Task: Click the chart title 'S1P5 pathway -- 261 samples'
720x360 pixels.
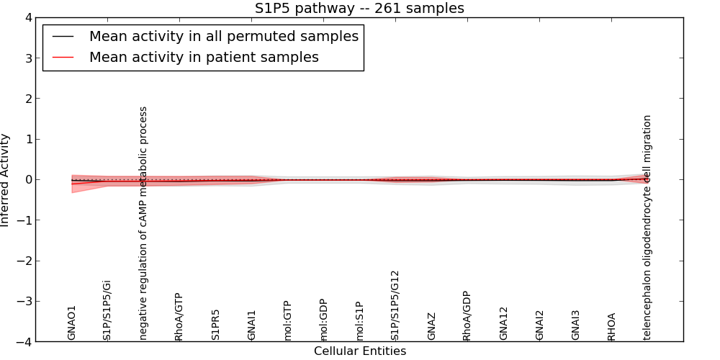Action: point(359,9)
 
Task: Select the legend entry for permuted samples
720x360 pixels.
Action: point(223,37)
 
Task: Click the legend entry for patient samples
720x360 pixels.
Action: point(204,57)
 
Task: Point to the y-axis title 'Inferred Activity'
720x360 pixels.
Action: point(6,180)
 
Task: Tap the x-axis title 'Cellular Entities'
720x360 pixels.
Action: point(359,351)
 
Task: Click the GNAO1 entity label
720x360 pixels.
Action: point(71,323)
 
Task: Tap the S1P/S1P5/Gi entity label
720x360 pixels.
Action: point(107,310)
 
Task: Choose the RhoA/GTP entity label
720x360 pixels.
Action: point(179,317)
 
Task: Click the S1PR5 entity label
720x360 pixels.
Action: point(215,325)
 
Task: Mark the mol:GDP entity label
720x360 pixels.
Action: point(323,320)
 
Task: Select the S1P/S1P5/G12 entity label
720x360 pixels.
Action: point(395,305)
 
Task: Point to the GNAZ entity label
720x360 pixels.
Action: point(431,326)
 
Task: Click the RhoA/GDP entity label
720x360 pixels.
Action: point(467,316)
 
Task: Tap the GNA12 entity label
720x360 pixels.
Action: point(503,323)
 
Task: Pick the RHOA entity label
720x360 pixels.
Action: point(611,326)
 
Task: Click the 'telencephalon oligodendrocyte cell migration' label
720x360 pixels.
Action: point(647,227)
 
